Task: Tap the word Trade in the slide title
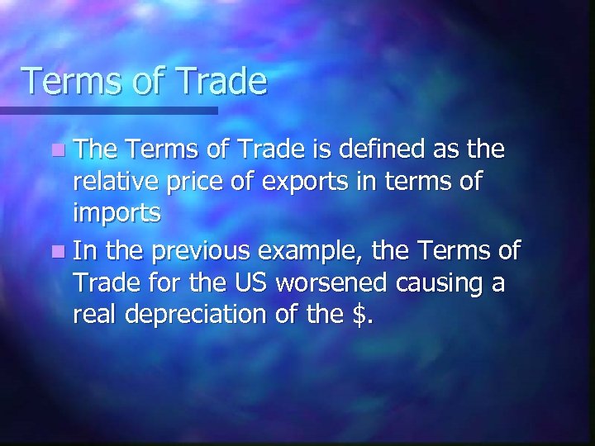(218, 82)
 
